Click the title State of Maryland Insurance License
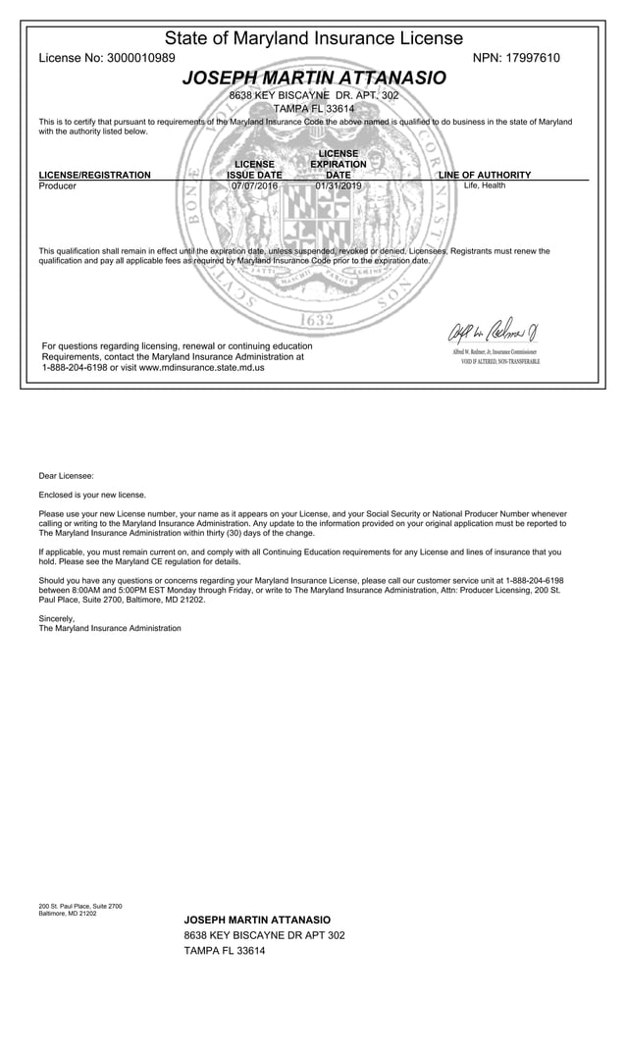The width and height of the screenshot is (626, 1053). click(x=313, y=38)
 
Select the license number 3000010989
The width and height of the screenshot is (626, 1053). click(x=139, y=58)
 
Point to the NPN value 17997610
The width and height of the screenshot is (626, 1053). click(x=533, y=58)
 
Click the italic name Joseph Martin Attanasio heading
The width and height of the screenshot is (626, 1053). click(x=313, y=78)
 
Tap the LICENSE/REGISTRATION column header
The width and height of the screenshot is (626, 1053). click(x=94, y=175)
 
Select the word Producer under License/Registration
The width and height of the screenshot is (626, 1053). click(x=57, y=185)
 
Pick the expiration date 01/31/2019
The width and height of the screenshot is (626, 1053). click(x=339, y=185)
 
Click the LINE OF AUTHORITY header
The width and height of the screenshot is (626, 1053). click(x=485, y=175)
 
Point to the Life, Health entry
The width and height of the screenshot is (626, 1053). click(x=485, y=185)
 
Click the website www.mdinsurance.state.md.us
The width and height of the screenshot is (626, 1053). click(x=201, y=368)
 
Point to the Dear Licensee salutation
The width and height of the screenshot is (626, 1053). click(x=66, y=476)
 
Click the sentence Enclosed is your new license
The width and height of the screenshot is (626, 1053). click(x=92, y=495)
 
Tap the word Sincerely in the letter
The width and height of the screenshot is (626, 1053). click(x=56, y=618)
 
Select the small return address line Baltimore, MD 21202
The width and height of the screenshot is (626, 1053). click(x=68, y=913)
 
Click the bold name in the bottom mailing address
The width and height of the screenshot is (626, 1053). click(x=257, y=920)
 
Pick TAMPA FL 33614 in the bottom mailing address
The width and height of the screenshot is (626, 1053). click(x=225, y=951)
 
